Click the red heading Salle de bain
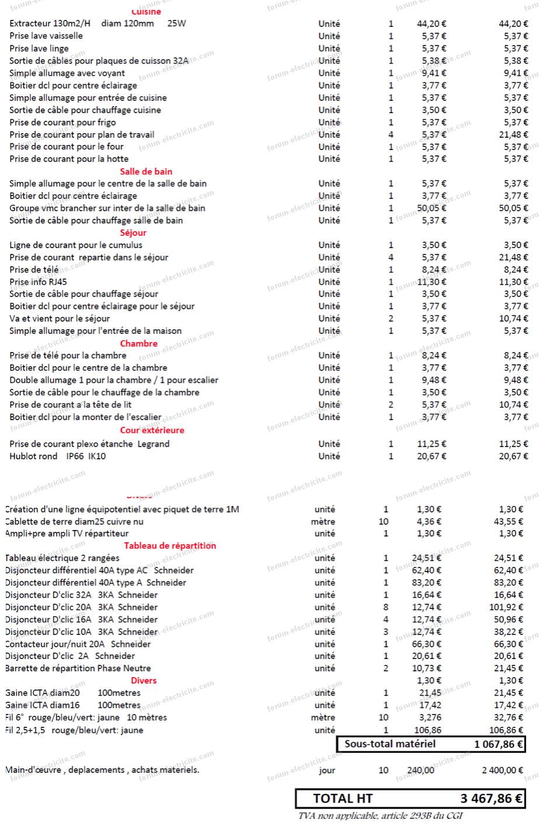146,171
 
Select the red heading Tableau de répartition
170,546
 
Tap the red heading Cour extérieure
152,430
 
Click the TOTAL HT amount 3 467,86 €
492,799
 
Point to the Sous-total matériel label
390,744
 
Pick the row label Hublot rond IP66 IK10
57,456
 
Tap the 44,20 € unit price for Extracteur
432,24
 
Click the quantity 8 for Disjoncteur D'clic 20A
386,607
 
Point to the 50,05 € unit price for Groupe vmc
432,208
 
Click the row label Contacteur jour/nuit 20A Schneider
78,644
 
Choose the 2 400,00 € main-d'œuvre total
502,770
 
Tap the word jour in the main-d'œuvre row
327,770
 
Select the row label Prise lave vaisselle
46,36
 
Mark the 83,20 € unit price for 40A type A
427,583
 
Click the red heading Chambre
139,343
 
